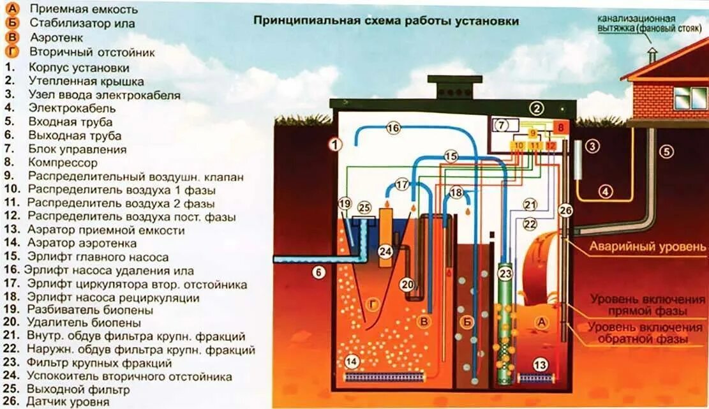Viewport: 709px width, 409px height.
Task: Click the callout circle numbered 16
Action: [393, 128]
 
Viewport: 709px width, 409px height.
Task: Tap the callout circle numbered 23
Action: [505, 274]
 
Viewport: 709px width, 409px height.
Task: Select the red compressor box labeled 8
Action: [561, 127]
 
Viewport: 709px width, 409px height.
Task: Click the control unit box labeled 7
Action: [502, 126]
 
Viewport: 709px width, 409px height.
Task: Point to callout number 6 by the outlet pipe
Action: [318, 272]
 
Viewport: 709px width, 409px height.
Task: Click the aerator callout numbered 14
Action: [352, 362]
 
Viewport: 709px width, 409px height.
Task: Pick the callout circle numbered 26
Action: [565, 209]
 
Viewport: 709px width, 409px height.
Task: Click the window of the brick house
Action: [686, 98]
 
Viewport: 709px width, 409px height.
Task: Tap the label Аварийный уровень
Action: [646, 247]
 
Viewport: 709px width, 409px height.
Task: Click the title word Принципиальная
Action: [295, 21]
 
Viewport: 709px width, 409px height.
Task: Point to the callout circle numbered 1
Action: [336, 144]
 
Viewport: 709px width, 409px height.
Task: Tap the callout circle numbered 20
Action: [407, 284]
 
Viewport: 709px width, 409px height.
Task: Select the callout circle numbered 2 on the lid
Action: [537, 108]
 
